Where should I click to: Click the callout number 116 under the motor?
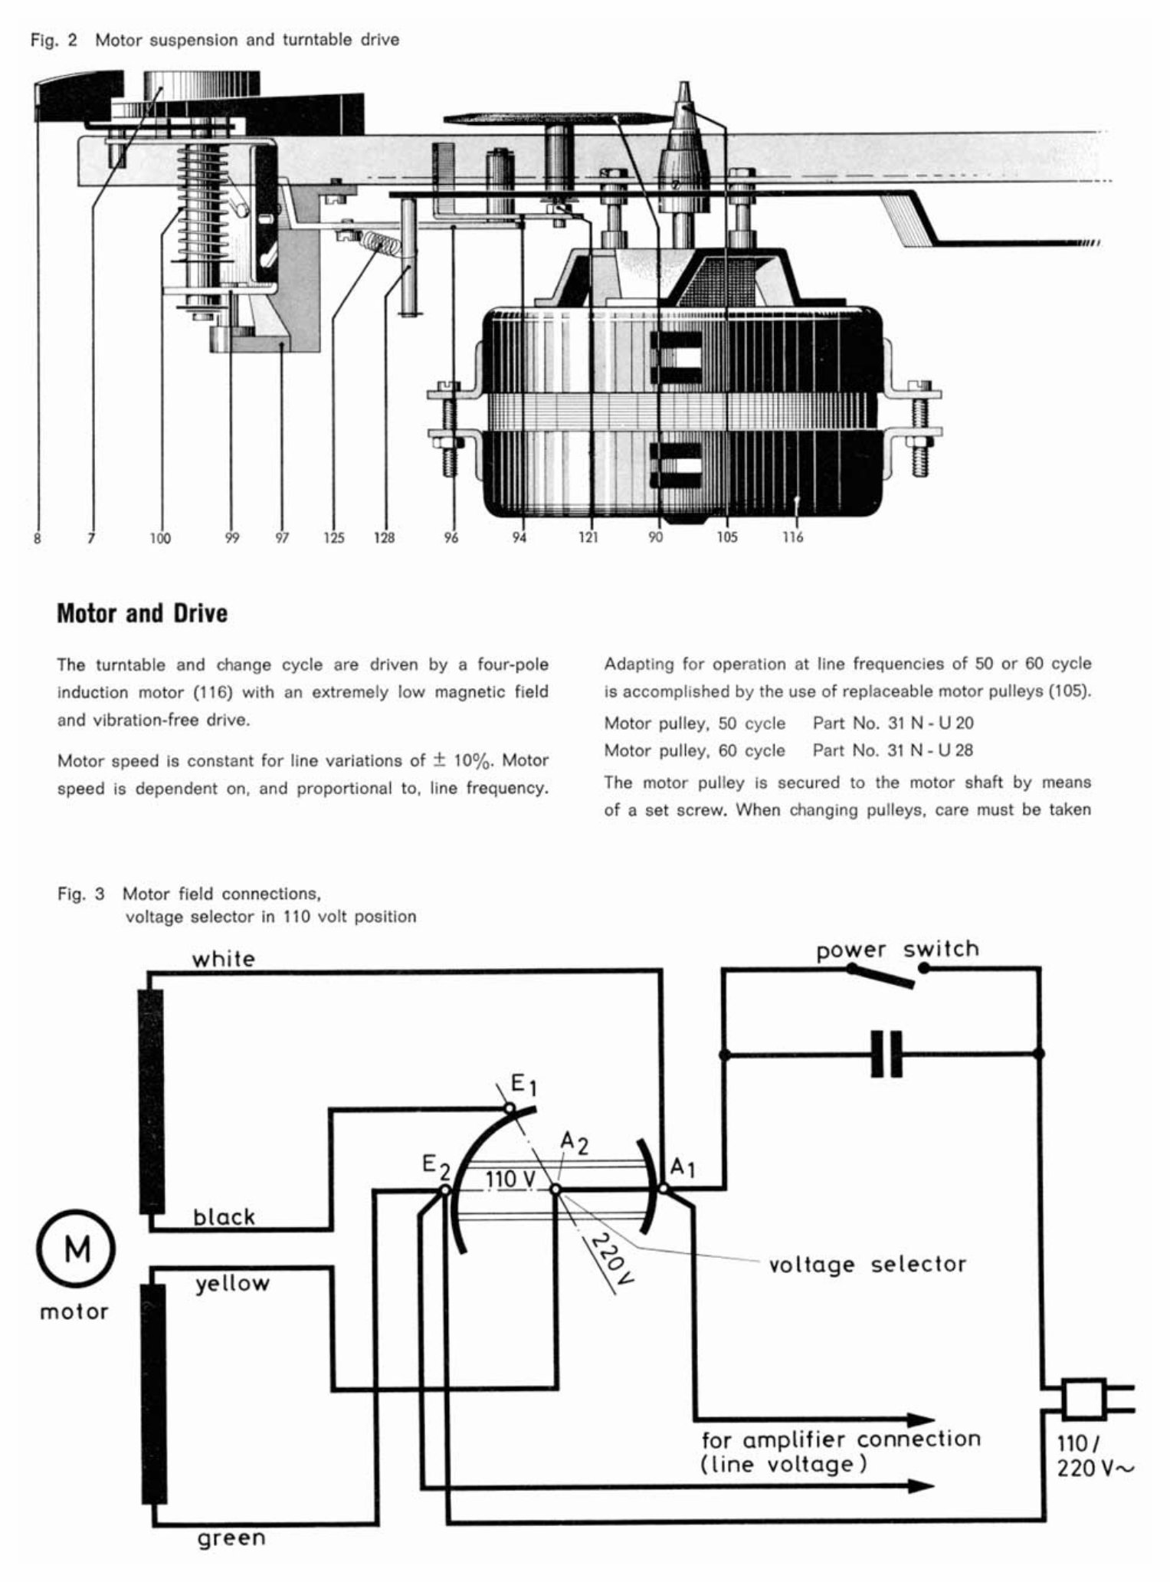[792, 537]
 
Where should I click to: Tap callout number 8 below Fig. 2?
[37, 538]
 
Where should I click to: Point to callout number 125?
[333, 538]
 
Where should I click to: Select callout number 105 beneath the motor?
[726, 537]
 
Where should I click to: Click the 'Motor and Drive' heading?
[143, 614]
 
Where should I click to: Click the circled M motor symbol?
[75, 1251]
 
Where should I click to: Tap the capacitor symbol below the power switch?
[887, 1054]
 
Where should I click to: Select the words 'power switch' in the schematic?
[897, 950]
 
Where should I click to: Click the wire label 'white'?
[223, 959]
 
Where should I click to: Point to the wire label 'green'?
[231, 1538]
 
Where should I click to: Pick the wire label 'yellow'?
[232, 1283]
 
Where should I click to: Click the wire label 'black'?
[224, 1216]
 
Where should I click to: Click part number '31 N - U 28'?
[930, 750]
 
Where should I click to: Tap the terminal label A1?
[682, 1169]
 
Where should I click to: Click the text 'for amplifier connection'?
[841, 1439]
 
